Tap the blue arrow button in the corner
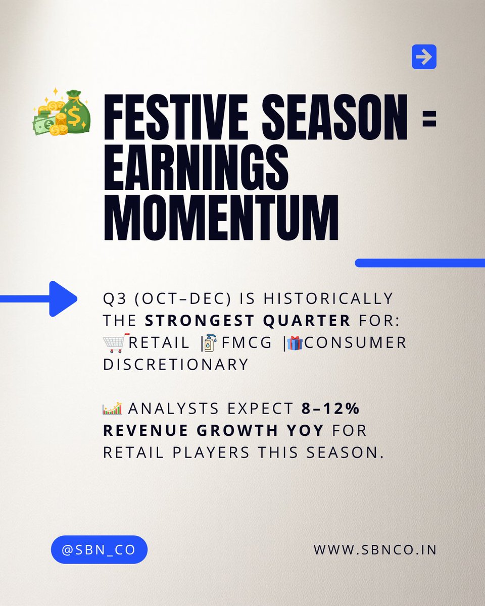point(424,57)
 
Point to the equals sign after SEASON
point(429,120)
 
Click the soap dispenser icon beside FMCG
point(209,343)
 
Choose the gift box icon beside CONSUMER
point(294,342)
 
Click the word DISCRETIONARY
point(176,364)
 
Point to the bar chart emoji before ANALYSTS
point(112,408)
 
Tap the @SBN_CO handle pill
point(99,549)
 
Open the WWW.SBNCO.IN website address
point(375,549)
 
